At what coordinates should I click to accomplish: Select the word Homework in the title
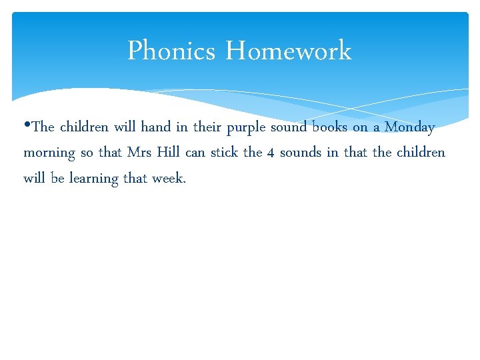pos(288,51)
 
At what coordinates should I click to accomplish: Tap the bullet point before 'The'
pos(27,126)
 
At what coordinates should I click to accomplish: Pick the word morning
pos(49,153)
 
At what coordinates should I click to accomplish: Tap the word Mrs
pos(140,152)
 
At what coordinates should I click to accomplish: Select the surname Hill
pos(170,152)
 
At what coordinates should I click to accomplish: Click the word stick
pos(225,152)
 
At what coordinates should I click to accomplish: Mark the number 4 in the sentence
pos(271,153)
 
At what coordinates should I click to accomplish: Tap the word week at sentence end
pos(168,178)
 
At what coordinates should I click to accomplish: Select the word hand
pos(156,127)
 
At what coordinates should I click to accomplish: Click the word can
pos(195,153)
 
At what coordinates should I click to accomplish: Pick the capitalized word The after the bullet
pos(43,127)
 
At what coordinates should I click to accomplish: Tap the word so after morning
pos(87,153)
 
